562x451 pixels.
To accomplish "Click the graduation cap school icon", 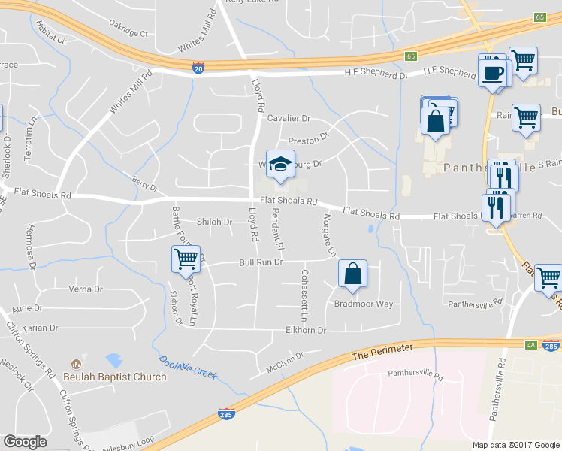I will coord(280,166).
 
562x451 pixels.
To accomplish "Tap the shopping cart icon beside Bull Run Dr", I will coord(185,260).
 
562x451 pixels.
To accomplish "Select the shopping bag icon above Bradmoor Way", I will coord(352,274).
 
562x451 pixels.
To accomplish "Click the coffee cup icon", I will coord(493,74).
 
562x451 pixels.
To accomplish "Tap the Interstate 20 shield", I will coord(198,68).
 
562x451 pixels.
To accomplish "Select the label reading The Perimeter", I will coord(382,351).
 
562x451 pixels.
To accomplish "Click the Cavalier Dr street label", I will coord(289,119).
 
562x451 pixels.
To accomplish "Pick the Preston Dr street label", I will coord(309,139).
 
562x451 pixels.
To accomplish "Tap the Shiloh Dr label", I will coord(214,222).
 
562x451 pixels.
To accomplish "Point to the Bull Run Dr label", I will coord(260,262).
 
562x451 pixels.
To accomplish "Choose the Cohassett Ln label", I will coord(304,289).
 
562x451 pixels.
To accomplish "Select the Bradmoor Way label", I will coord(364,304).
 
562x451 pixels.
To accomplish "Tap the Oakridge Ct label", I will coord(128,33).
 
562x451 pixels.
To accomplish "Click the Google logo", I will coord(25,442).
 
